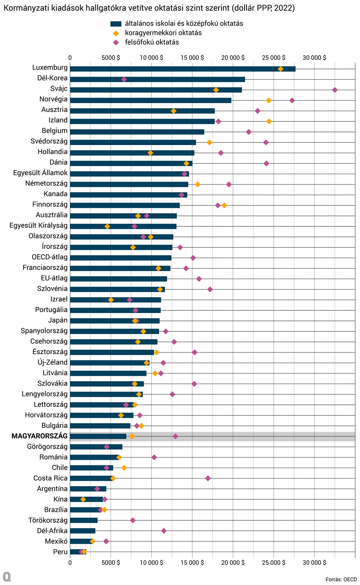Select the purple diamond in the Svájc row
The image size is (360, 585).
(x=335, y=90)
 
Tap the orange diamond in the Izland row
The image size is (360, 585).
(x=269, y=121)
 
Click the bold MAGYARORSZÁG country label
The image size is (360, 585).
(x=40, y=436)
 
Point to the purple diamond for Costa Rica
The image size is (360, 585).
(x=208, y=478)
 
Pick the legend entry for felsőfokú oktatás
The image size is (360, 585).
(x=152, y=42)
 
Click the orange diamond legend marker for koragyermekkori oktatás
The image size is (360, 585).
(x=116, y=33)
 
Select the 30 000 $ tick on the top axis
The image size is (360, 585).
(x=314, y=58)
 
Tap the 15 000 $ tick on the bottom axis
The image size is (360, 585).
(x=192, y=562)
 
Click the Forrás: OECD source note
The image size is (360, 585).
(x=341, y=579)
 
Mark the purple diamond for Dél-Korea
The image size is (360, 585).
(x=124, y=79)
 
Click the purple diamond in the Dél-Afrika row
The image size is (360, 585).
(x=164, y=531)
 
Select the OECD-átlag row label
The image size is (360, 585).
(x=49, y=257)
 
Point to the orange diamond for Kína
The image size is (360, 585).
(x=83, y=499)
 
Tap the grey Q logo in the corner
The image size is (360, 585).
(x=7, y=577)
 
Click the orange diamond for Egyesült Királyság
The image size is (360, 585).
(x=107, y=226)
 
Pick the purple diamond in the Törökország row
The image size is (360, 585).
(x=133, y=520)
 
